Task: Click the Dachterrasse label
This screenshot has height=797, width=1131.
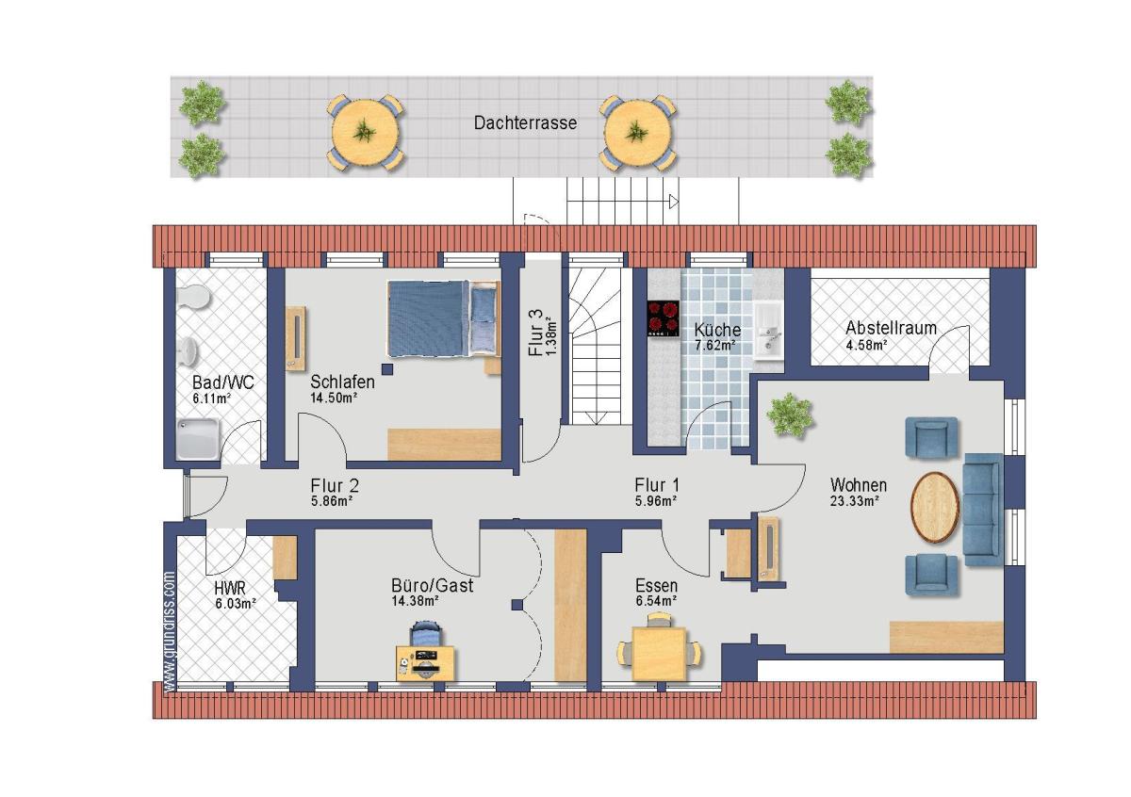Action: click(525, 123)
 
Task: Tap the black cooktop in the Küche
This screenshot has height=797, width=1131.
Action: click(664, 318)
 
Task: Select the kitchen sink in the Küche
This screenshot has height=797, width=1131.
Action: click(768, 332)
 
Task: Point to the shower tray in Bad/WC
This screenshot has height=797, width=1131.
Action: click(199, 439)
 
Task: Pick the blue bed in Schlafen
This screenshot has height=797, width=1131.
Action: click(443, 319)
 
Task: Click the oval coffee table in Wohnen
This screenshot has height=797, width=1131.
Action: click(935, 507)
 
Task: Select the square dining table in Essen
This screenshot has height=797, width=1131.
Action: click(659, 653)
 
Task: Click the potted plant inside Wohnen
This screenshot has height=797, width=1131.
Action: click(790, 415)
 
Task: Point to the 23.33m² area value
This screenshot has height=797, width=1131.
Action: click(855, 500)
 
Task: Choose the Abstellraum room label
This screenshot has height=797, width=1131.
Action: click(892, 328)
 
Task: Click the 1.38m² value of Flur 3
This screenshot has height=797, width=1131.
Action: click(552, 333)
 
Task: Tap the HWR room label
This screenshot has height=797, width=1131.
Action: click(230, 588)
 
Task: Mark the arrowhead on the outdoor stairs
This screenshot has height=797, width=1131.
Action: click(674, 202)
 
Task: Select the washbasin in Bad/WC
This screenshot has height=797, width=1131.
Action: click(188, 350)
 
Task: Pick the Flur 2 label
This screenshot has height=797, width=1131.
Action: click(335, 485)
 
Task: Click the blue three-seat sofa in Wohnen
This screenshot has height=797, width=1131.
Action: click(983, 510)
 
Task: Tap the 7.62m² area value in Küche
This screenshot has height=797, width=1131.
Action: click(715, 346)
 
